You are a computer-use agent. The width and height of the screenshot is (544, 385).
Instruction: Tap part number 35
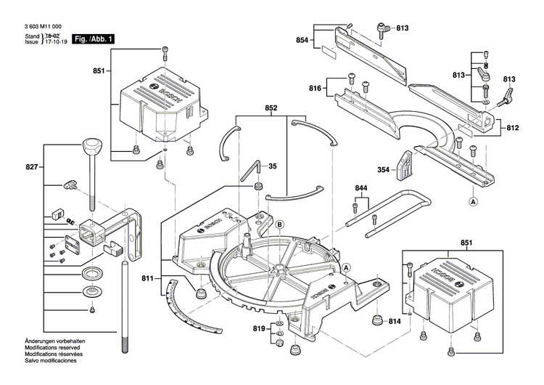tap(273, 166)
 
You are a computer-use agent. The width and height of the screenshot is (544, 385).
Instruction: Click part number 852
tap(271, 108)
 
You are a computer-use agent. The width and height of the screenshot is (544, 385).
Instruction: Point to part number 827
tap(30, 167)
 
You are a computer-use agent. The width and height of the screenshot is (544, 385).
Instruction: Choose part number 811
tap(148, 278)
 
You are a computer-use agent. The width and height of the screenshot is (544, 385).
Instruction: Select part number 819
tap(259, 330)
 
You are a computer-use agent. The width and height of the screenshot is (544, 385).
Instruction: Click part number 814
tap(395, 321)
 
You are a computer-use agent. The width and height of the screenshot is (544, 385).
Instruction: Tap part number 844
tap(360, 188)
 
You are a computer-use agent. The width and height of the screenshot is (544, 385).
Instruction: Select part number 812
tap(513, 128)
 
